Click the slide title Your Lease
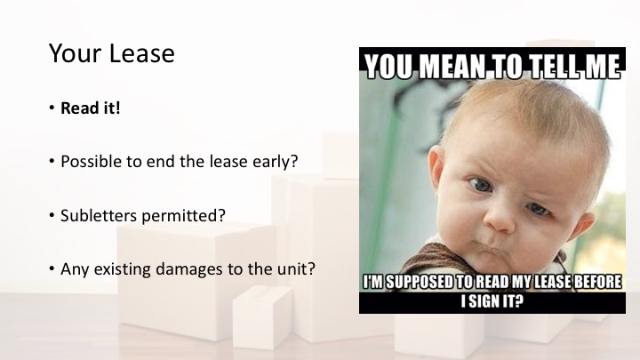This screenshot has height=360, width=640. tap(111, 53)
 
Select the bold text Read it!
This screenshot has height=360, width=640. tap(90, 108)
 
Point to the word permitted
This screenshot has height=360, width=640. tap(180, 216)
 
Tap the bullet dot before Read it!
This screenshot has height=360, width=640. tap(52, 108)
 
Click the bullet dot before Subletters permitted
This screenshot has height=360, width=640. tap(52, 215)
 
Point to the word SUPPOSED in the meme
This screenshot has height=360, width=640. tap(419, 282)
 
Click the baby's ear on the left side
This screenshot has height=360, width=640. tap(436, 167)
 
